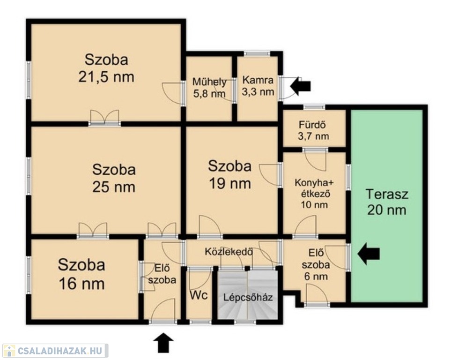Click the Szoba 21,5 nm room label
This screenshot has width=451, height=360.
coord(106,68)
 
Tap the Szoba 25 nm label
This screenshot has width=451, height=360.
coord(114,178)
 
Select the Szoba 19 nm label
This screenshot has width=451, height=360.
coord(230,174)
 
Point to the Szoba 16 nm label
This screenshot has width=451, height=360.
coord(81,274)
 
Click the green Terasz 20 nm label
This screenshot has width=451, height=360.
coord(387,202)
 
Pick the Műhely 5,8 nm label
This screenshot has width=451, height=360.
coord(209,88)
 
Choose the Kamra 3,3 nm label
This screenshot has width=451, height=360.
coord(258,85)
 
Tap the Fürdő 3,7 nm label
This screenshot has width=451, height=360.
coord(313,130)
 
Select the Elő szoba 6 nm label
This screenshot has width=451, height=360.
coord(316,265)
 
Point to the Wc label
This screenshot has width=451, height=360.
coord(199,295)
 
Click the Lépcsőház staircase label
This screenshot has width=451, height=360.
coord(248,297)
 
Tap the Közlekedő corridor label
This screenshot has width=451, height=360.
coord(229,252)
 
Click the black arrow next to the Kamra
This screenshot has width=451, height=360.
coord(301,86)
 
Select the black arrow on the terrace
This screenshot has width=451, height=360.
coord(369,254)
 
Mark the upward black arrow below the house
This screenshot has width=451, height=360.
coord(163,343)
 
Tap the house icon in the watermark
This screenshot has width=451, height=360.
coord(9,351)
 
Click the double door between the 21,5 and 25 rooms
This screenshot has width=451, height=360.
coord(104,118)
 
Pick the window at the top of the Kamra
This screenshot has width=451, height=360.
coord(257,53)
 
